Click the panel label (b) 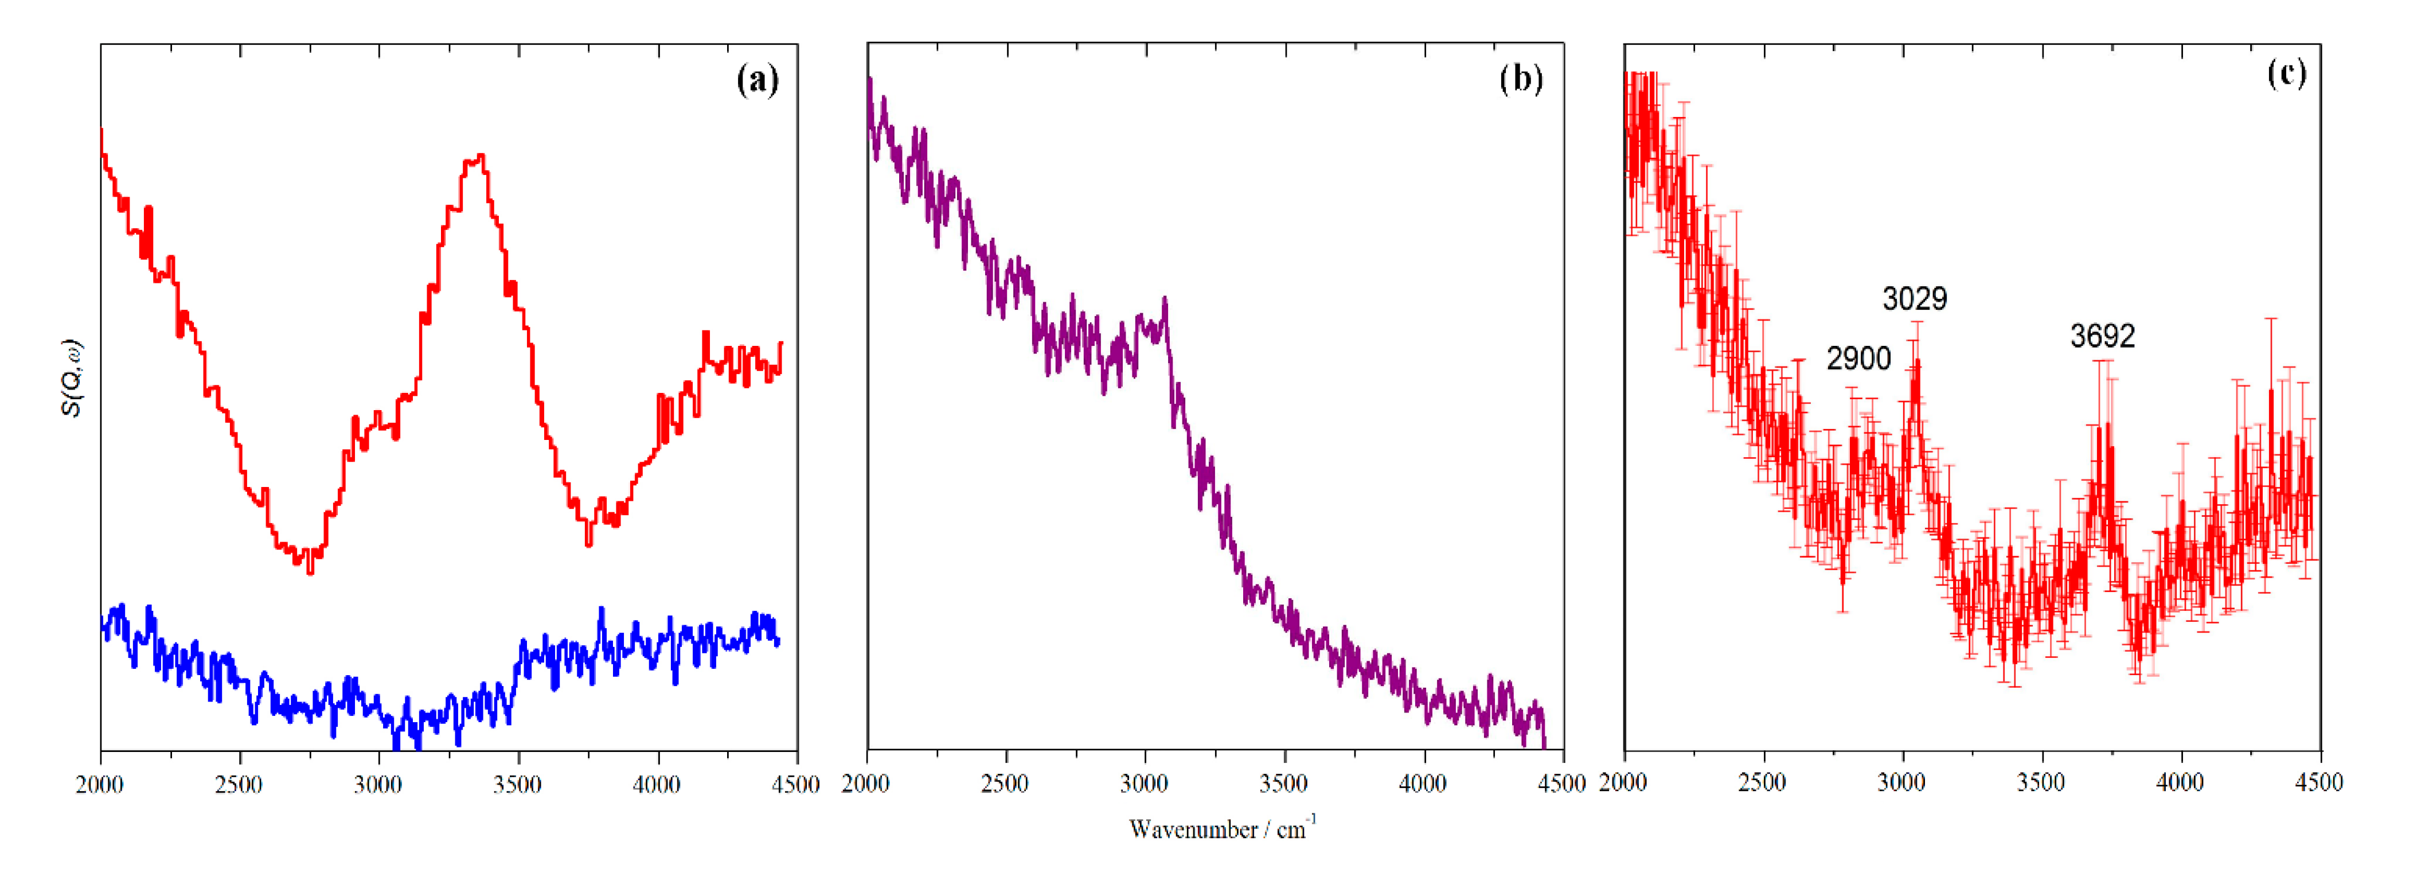click(x=1521, y=79)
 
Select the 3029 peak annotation click(x=1914, y=298)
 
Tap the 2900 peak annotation click(x=1858, y=358)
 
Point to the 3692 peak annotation click(x=2102, y=336)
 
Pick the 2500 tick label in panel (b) click(x=1005, y=784)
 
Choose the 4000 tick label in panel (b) click(x=1423, y=784)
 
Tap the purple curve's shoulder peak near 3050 click(x=1165, y=299)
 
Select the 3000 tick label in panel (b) click(x=1144, y=784)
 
